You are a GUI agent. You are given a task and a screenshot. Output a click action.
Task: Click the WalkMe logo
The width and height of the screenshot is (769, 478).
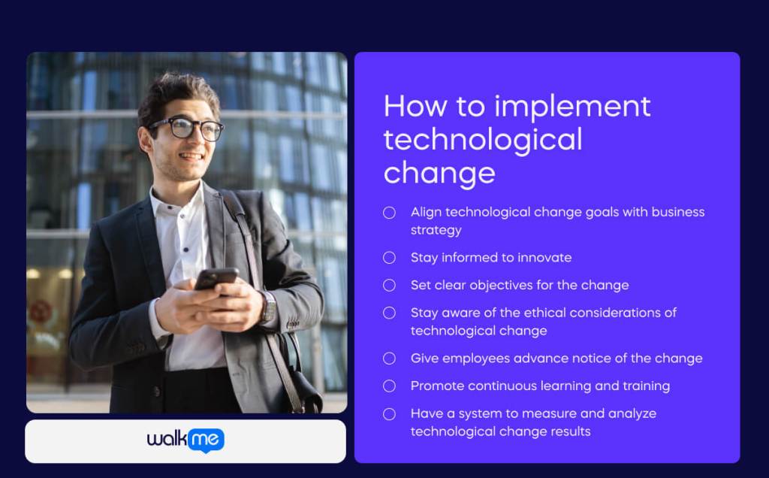tap(185, 440)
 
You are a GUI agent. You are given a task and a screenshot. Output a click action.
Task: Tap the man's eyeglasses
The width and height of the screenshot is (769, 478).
tap(186, 129)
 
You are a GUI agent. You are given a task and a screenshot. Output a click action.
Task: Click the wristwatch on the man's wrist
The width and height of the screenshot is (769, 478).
tap(269, 307)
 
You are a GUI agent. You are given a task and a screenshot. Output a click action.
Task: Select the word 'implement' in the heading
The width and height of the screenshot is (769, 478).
tap(572, 107)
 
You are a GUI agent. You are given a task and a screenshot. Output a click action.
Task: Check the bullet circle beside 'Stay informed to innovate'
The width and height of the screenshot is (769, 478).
tap(389, 258)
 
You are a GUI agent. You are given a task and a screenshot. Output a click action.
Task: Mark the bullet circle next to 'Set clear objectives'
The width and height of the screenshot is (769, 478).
tap(389, 286)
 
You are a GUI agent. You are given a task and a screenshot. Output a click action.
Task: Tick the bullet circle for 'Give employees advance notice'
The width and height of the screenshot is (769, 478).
tap(389, 358)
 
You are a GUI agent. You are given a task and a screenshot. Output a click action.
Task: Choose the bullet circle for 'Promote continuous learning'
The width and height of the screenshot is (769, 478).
tap(389, 386)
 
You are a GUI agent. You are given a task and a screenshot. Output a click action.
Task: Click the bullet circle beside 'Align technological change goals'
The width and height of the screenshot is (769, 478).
tap(389, 213)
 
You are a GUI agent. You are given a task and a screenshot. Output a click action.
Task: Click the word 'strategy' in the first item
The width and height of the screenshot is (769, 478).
tap(436, 230)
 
